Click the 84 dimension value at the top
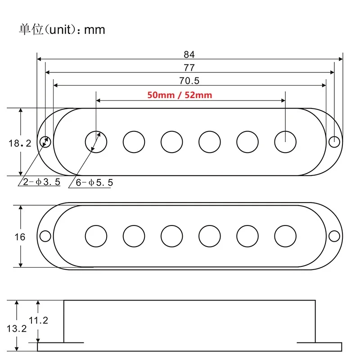[189, 54]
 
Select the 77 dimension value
[189, 67]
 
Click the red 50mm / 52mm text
[179, 95]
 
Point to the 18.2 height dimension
[20, 144]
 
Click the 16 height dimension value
[20, 237]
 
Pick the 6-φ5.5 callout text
[95, 182]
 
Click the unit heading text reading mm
[94, 30]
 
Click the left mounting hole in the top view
[45, 141]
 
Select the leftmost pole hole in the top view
[96, 141]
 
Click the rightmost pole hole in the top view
[285, 141]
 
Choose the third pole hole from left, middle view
[172, 236]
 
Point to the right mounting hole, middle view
[334, 236]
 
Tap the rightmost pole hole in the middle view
[285, 236]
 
